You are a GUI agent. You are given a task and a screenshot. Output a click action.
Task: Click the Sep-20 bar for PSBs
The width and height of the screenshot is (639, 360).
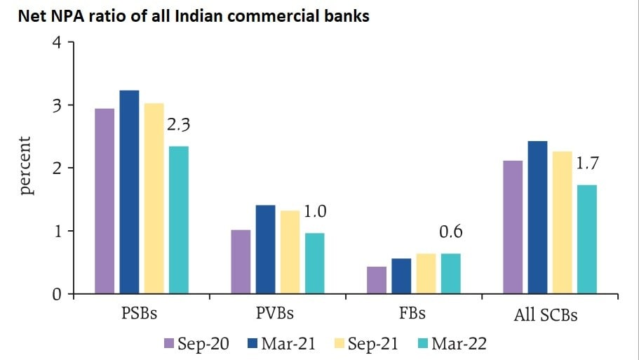click(x=105, y=201)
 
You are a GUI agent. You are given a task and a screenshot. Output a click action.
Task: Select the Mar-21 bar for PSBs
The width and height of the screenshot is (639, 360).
click(x=129, y=192)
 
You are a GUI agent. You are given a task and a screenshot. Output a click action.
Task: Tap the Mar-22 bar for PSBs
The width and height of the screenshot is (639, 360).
click(x=178, y=220)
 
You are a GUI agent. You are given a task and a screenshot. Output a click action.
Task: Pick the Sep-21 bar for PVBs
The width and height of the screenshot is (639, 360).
click(x=290, y=252)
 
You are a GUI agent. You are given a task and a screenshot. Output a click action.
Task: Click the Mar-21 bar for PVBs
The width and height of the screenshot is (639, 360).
click(x=265, y=249)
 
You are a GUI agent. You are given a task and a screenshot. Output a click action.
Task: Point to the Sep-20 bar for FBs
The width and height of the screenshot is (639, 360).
click(x=377, y=280)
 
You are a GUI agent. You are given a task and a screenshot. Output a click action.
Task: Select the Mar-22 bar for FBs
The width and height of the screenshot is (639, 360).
click(x=450, y=274)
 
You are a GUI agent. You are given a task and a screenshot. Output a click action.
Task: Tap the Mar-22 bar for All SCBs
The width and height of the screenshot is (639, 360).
click(x=586, y=239)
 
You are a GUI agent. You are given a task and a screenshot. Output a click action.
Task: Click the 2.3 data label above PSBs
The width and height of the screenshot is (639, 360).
click(x=178, y=126)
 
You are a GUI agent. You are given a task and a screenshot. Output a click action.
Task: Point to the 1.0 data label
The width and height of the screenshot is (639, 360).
click(x=315, y=211)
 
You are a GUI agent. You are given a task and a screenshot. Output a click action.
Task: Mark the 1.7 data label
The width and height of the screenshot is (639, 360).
click(x=587, y=165)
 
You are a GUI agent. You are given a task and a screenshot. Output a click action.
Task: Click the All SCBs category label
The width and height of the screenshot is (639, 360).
click(x=546, y=314)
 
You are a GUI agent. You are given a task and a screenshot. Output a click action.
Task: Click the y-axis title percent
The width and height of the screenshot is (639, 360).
click(x=25, y=166)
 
